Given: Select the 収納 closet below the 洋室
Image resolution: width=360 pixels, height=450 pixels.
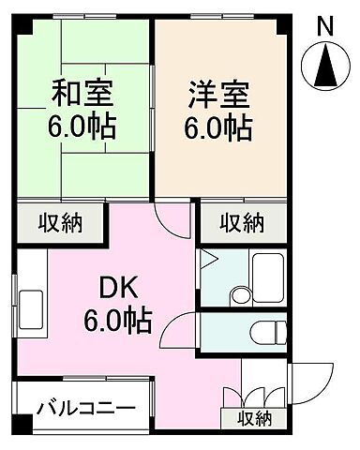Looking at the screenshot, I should [241, 224].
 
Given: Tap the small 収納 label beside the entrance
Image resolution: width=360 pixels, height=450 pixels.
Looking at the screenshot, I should [254, 418].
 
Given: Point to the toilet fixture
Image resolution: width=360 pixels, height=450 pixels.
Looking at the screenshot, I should [266, 330].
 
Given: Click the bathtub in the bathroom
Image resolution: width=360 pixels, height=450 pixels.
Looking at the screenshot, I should [270, 276].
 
